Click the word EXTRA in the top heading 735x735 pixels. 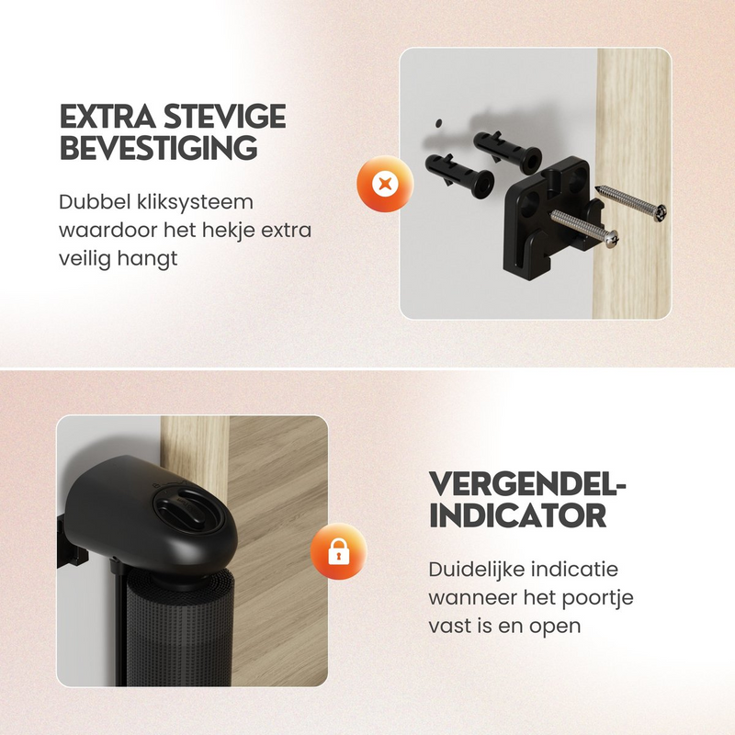[x=107, y=117]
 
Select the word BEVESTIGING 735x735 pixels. [x=158, y=147]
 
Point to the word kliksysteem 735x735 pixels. [x=196, y=203]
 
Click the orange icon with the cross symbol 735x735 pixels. [x=385, y=183]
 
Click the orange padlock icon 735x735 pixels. [x=338, y=551]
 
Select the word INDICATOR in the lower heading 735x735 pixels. [x=517, y=515]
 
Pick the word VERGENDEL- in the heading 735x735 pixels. [x=527, y=485]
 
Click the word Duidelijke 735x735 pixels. [x=472, y=570]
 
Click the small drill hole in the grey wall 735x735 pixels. [x=438, y=123]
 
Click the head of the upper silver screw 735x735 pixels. [x=661, y=212]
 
